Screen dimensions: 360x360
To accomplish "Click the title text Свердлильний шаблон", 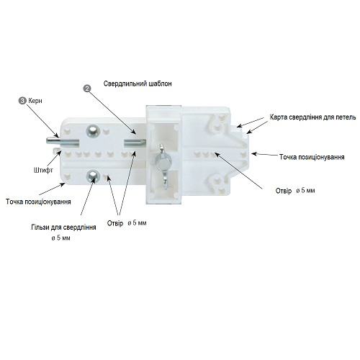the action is tap(138, 84).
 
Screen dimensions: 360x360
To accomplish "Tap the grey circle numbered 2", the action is tap(87, 89).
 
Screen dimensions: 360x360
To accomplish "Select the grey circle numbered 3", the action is tap(22, 101).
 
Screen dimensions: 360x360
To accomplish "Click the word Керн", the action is tap(35, 101).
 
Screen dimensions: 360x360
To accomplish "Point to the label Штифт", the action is tap(43, 170).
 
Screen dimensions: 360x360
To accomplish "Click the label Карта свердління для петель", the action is tap(312, 117).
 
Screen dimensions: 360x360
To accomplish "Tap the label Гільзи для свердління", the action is tap(63, 228).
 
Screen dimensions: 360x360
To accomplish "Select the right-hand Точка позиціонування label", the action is tap(312, 157).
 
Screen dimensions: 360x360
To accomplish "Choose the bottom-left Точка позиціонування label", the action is tap(38, 202).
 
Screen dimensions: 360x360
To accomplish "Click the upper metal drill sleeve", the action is tap(93, 131).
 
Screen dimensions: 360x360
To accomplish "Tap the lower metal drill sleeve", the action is tap(93, 176).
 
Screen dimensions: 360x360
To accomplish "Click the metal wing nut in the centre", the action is tap(163, 166).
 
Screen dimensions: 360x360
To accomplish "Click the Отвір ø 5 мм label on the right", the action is tap(295, 191).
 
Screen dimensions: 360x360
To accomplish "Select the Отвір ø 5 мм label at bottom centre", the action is tap(127, 223).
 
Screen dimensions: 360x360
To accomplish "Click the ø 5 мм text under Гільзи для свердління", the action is tap(60, 238).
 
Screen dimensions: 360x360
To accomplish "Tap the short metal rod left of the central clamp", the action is tap(135, 142).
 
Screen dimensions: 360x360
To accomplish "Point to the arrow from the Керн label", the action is tap(42, 121).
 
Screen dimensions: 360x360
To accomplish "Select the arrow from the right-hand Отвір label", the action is tap(238, 171).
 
